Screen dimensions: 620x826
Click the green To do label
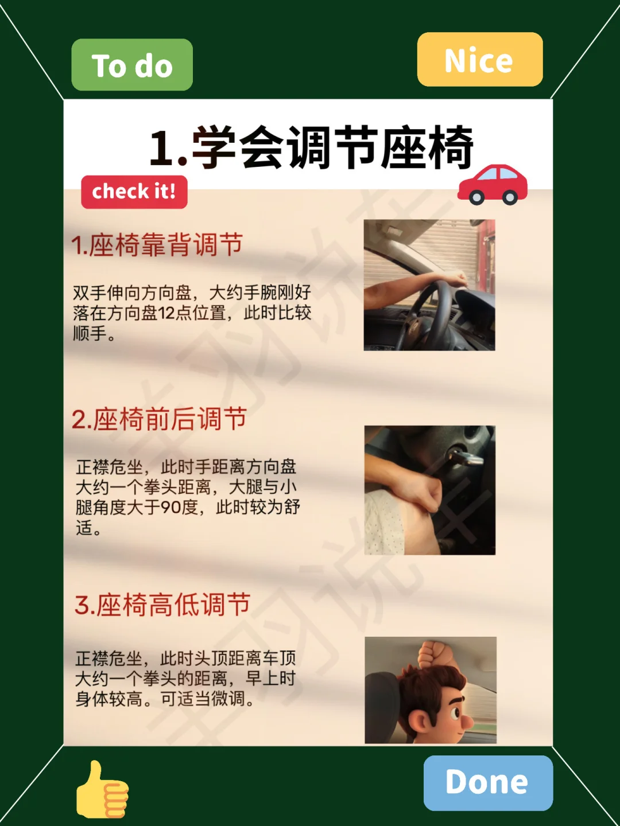(x=132, y=65)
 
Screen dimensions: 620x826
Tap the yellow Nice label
(x=480, y=60)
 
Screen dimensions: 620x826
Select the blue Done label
(x=488, y=783)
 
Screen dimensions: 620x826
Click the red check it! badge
(x=134, y=192)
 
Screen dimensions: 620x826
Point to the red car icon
(x=493, y=185)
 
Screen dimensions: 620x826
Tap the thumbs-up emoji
(x=102, y=789)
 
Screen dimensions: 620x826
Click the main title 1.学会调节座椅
(x=311, y=147)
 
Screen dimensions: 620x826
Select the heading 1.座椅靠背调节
(x=157, y=244)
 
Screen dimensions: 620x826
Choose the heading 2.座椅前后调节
(x=159, y=419)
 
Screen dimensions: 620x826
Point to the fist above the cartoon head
(x=433, y=654)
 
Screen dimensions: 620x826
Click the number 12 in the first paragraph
(x=166, y=313)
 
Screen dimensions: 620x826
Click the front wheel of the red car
(x=477, y=197)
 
